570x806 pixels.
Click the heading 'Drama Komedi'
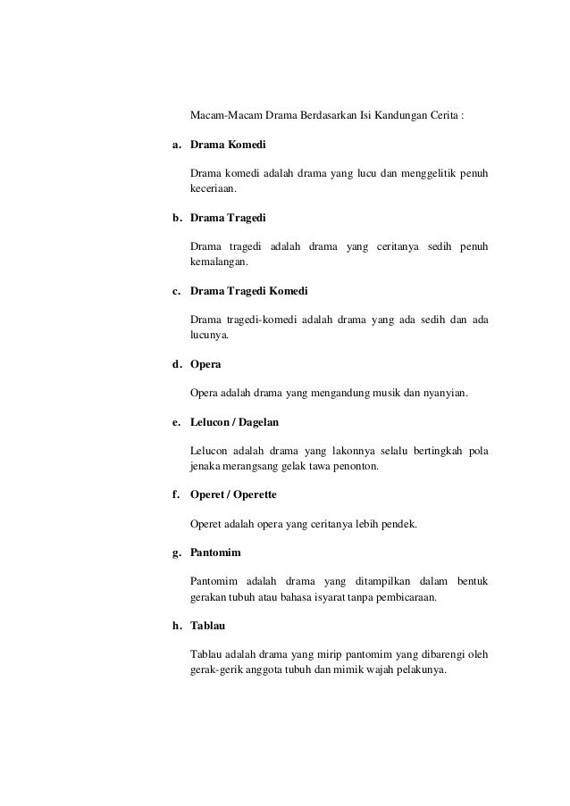[228, 144]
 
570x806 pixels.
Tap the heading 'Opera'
[206, 365]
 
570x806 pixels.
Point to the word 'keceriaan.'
[215, 189]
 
